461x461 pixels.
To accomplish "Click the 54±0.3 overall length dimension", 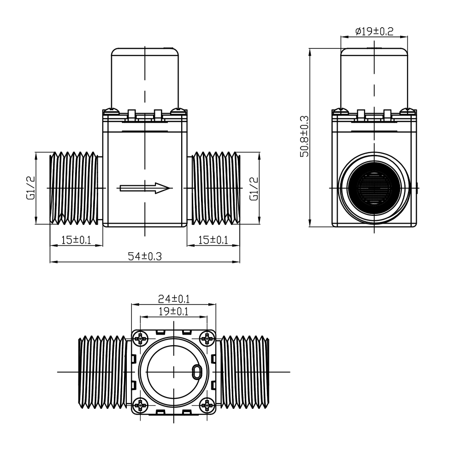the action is click(x=145, y=256).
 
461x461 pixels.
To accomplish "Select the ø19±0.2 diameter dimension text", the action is click(x=374, y=31).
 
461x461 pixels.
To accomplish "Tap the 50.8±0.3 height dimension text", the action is click(x=305, y=136).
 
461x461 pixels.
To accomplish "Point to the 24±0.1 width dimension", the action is click(x=174, y=299).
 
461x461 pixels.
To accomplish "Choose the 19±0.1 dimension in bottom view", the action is click(x=173, y=311).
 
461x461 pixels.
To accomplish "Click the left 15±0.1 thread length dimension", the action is click(x=76, y=240).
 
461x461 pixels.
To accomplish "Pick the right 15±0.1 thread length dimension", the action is click(x=213, y=240).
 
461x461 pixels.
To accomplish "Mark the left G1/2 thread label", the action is click(x=30, y=188).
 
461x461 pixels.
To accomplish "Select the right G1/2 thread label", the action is click(x=254, y=189).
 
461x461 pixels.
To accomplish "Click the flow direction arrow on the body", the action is click(x=145, y=188).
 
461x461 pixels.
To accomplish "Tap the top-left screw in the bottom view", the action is click(x=141, y=339).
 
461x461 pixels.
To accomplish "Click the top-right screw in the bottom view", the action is click(x=207, y=339).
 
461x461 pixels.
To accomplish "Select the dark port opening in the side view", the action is click(x=374, y=188).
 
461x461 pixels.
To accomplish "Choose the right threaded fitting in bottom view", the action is click(x=245, y=372).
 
